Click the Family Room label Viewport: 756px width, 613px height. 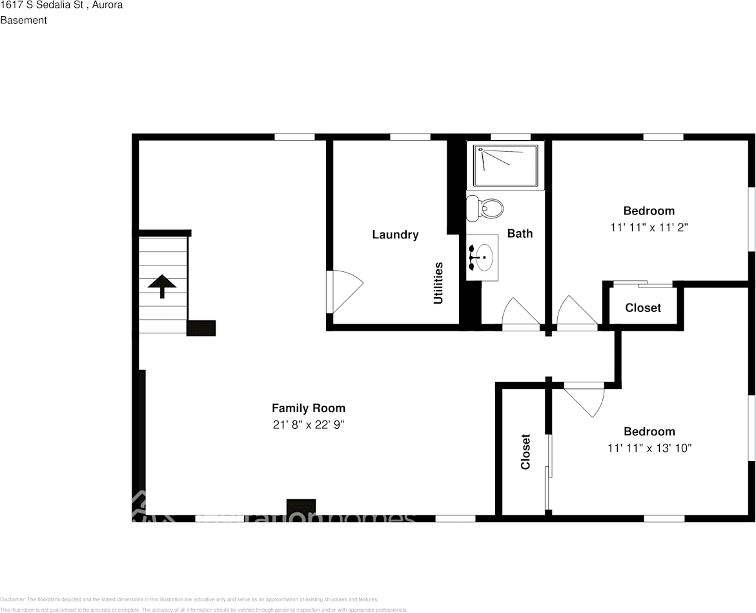point(308,408)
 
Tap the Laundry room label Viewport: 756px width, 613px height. point(395,234)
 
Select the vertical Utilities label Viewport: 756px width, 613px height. point(438,283)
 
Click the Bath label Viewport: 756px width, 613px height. point(520,233)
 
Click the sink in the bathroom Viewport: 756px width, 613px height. point(482,257)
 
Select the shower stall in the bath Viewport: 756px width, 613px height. point(506,166)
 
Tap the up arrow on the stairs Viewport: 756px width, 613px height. point(162,286)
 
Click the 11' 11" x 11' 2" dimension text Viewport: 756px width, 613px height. point(649,227)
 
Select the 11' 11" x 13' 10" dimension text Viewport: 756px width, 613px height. point(649,448)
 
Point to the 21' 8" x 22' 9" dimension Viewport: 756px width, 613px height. point(308,425)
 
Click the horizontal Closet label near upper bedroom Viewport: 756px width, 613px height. point(643,308)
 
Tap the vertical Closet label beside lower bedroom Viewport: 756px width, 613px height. point(526,452)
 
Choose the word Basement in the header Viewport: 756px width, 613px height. point(24,20)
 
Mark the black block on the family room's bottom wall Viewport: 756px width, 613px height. point(301,507)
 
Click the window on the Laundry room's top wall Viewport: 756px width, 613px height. point(410,137)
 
